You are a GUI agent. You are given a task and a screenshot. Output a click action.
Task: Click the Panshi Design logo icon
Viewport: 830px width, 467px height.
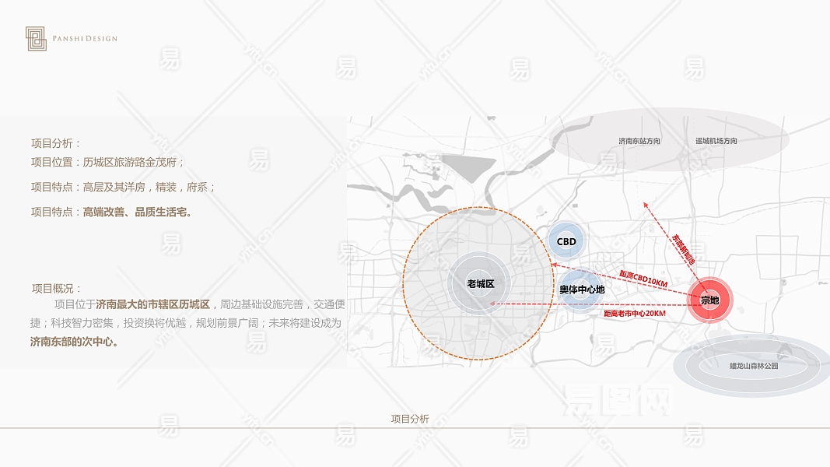click(36, 39)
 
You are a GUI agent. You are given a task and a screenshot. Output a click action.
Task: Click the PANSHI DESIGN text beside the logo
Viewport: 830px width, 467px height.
click(86, 38)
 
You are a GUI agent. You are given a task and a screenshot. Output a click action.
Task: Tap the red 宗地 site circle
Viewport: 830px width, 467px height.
click(709, 300)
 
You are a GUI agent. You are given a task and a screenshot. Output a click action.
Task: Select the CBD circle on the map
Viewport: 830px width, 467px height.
click(566, 241)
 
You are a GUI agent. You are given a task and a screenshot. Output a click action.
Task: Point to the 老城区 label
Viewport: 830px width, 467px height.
click(481, 284)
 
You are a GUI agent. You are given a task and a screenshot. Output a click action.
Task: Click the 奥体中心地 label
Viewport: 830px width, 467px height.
click(582, 290)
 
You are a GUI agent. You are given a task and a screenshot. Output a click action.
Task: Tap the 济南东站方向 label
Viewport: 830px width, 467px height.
click(639, 141)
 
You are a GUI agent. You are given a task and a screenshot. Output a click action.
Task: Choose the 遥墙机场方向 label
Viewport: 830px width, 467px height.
click(716, 141)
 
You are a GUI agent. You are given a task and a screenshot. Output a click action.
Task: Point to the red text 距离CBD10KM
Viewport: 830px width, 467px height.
click(643, 279)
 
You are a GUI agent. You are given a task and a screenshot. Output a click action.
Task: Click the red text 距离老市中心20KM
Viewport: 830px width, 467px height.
click(635, 313)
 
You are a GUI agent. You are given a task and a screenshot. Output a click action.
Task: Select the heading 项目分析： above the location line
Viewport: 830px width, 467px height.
click(56, 143)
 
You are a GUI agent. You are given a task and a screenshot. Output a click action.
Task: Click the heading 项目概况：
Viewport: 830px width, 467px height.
click(57, 288)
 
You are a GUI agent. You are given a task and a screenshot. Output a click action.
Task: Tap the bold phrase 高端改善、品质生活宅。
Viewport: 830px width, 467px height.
click(138, 212)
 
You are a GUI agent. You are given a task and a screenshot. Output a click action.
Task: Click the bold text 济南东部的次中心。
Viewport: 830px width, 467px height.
click(75, 341)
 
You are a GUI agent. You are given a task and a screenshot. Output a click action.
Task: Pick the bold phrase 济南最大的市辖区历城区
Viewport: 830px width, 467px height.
click(152, 304)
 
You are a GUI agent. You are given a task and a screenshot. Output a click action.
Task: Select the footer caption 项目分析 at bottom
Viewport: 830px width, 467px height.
click(410, 419)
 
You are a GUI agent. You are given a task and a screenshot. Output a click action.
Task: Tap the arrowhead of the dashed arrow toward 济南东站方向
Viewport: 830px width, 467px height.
click(644, 204)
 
